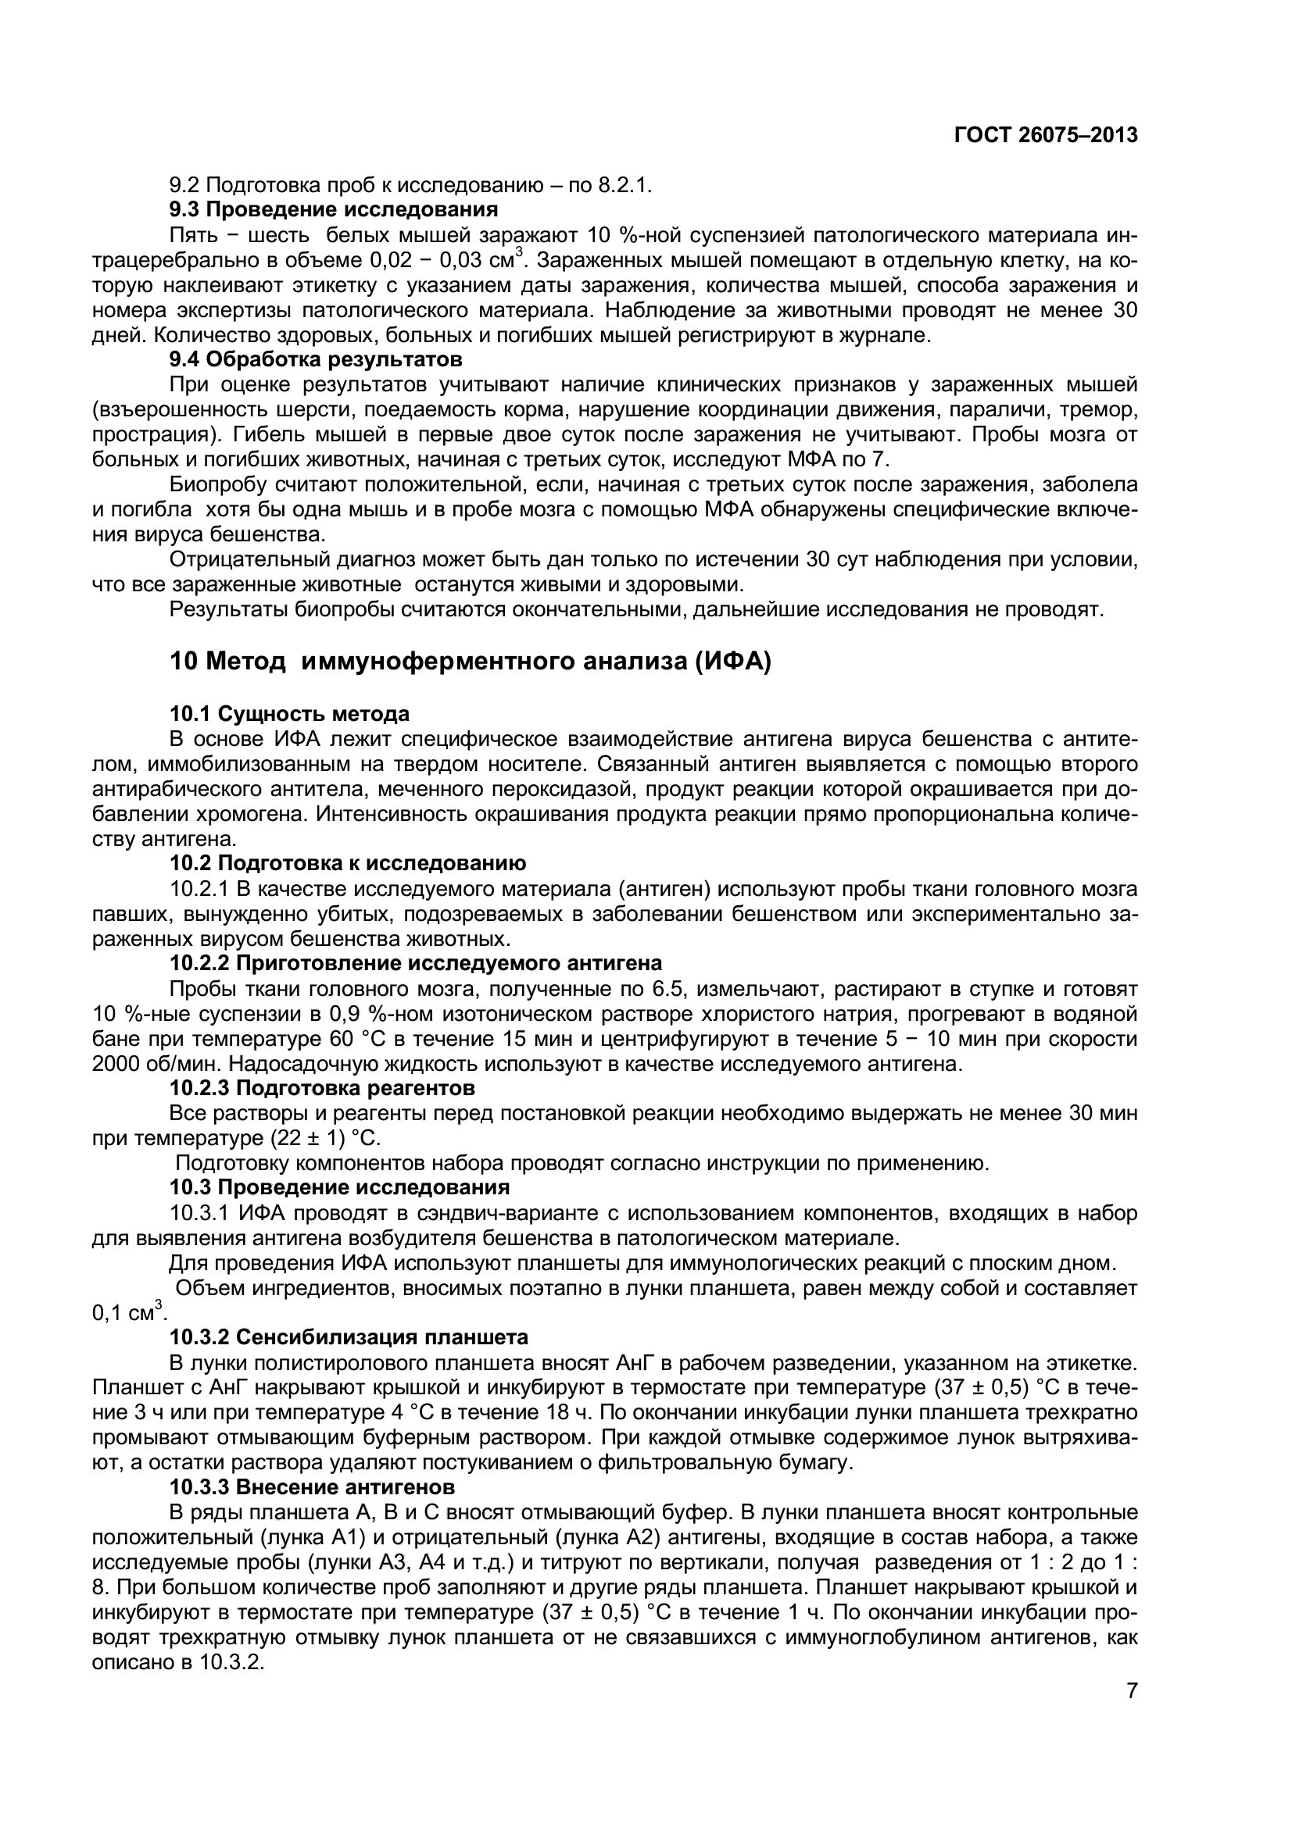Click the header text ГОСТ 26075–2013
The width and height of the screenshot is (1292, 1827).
[x=1045, y=135]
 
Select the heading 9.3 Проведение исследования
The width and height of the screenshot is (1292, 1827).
[x=334, y=210]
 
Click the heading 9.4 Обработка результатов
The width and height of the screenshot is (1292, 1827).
[x=316, y=359]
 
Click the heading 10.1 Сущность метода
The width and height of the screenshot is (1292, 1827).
[x=290, y=713]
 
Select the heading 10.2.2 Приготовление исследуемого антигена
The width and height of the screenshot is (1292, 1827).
[x=416, y=963]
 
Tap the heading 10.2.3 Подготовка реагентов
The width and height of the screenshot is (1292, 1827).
[x=322, y=1087]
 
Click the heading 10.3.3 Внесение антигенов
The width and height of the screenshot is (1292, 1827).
[x=312, y=1486]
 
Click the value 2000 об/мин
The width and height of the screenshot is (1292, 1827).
[x=149, y=1064]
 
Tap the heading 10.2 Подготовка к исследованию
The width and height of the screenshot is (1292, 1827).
[x=347, y=863]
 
